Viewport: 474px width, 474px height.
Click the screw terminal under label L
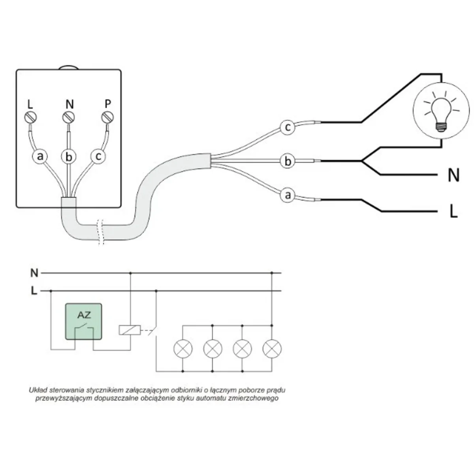[x=31, y=118]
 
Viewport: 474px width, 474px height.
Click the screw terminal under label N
[x=69, y=118]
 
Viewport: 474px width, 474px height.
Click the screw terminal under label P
[x=107, y=118]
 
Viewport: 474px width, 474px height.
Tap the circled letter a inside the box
[x=39, y=156]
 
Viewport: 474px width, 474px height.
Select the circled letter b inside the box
[x=69, y=157]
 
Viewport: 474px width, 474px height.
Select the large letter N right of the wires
[x=453, y=175]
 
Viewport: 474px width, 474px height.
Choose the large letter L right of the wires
[x=453, y=212]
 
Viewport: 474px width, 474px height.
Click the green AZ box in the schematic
[x=83, y=322]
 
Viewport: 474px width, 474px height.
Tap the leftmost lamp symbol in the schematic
[x=183, y=348]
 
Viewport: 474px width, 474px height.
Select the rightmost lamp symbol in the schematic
[x=272, y=348]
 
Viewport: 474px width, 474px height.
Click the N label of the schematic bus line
[x=34, y=273]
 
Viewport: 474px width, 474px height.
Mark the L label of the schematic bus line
[x=34, y=291]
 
